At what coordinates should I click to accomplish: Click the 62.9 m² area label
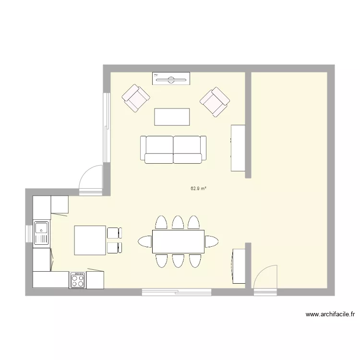click(x=198, y=189)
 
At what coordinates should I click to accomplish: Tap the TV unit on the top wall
click(x=171, y=78)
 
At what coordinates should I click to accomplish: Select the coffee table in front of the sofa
click(x=172, y=116)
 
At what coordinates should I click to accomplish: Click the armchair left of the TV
click(x=136, y=98)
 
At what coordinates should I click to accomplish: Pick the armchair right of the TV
click(x=215, y=101)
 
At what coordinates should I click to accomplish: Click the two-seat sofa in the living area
click(x=173, y=149)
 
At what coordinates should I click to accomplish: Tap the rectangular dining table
click(x=178, y=241)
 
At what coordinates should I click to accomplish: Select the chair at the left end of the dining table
click(x=144, y=241)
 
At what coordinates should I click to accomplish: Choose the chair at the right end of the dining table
click(x=211, y=241)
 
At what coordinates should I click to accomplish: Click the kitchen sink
click(x=42, y=233)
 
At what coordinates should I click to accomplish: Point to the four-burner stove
click(x=78, y=280)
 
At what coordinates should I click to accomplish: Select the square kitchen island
click(x=90, y=240)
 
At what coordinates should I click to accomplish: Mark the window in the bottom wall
click(x=176, y=291)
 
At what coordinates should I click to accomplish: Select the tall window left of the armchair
click(x=107, y=125)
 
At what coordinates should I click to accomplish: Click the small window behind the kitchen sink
click(x=28, y=233)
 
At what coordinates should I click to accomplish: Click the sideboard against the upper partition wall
click(x=238, y=147)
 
